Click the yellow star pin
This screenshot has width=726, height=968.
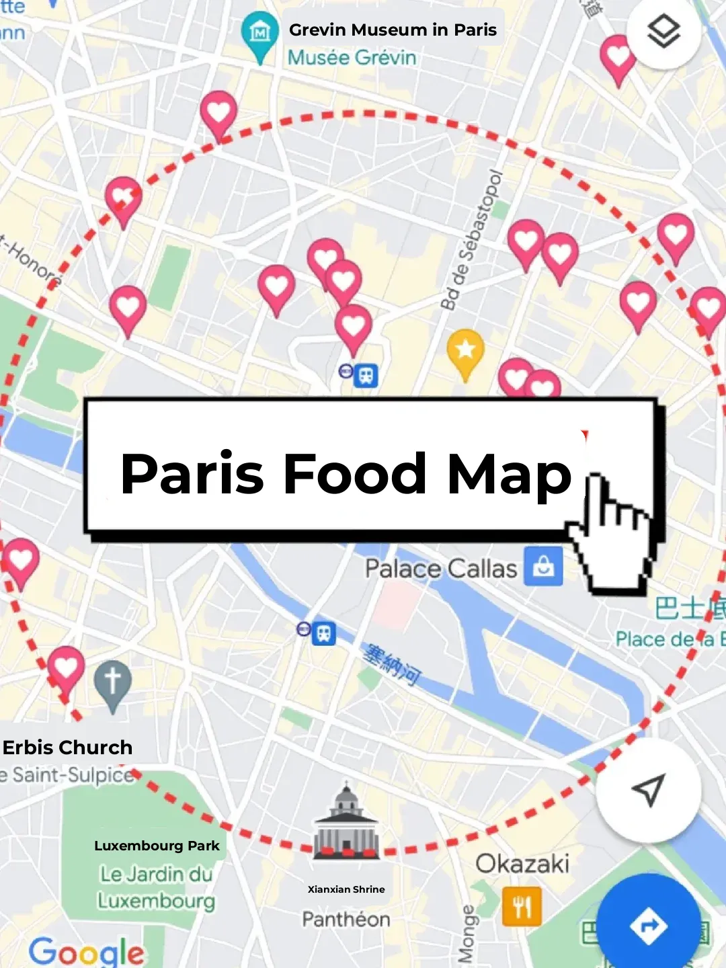[465, 350]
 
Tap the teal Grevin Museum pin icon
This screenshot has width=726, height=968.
[259, 33]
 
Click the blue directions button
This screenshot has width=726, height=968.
[648, 926]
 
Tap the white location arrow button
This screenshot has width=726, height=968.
[648, 790]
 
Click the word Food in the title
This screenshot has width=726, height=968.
[354, 473]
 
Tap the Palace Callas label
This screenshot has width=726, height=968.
[441, 569]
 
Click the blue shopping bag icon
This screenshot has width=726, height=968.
[543, 567]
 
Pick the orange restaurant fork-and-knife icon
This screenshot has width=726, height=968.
[522, 906]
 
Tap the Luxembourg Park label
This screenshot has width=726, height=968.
[157, 846]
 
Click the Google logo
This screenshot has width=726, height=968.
[86, 951]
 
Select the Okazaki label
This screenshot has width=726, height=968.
[522, 864]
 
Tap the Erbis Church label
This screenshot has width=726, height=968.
[67, 748]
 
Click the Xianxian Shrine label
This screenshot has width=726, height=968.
[346, 889]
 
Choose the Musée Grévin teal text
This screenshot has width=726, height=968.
[352, 58]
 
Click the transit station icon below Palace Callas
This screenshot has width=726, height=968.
[324, 633]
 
